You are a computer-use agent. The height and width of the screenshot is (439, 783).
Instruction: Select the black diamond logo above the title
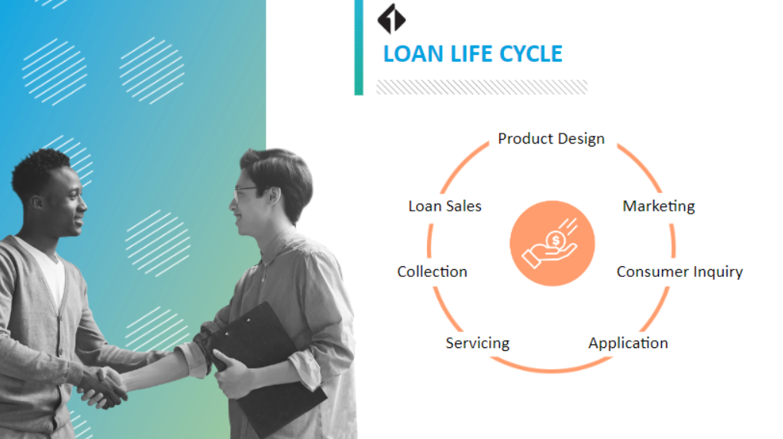pyautogui.click(x=391, y=19)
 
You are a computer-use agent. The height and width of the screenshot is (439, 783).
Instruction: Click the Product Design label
pyautogui.click(x=551, y=139)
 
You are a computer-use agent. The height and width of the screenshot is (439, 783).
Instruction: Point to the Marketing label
pyautogui.click(x=659, y=206)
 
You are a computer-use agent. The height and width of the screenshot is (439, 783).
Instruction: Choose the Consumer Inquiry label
pyautogui.click(x=680, y=272)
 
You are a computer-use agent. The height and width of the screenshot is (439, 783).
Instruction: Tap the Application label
pyautogui.click(x=627, y=343)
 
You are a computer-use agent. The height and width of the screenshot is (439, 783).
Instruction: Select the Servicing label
pyautogui.click(x=477, y=343)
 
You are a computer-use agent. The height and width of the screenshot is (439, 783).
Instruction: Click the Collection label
pyautogui.click(x=432, y=272)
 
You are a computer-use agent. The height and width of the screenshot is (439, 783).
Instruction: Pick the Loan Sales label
pyautogui.click(x=445, y=206)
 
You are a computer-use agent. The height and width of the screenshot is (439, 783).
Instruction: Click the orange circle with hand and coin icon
pyautogui.click(x=553, y=244)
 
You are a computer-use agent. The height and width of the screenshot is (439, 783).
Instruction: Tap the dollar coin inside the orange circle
pyautogui.click(x=556, y=241)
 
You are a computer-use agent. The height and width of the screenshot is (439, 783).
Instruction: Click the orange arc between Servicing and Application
pyautogui.click(x=551, y=370)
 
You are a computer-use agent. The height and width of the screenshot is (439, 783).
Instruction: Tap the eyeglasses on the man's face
pyautogui.click(x=248, y=191)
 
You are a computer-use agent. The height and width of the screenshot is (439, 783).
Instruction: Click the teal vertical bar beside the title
pyautogui.click(x=358, y=48)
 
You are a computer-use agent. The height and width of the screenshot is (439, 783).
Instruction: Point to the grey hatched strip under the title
pyautogui.click(x=482, y=87)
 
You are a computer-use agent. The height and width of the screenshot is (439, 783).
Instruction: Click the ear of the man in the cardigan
pyautogui.click(x=37, y=202)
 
